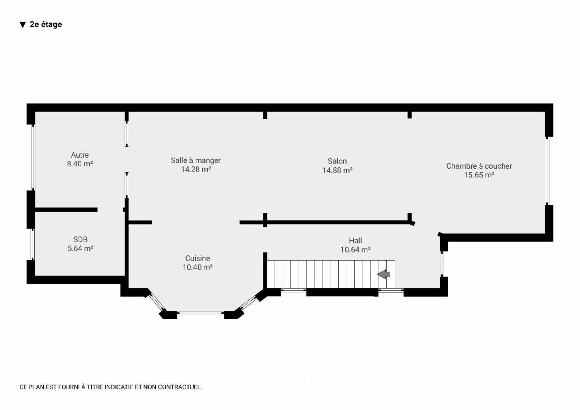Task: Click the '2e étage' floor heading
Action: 46,24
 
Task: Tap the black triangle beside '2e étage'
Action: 23,25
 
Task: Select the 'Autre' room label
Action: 80,155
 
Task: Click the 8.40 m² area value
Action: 80,164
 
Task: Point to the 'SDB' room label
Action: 80,239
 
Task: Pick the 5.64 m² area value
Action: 80,248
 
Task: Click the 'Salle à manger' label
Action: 195,161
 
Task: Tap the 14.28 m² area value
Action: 195,169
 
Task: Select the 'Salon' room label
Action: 337,161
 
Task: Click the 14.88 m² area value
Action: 337,170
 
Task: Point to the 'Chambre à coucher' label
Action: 479,166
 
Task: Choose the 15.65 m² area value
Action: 479,175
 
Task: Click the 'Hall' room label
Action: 355,241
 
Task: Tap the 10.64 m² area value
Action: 355,249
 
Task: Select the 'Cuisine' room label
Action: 198,258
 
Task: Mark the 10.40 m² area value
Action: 198,267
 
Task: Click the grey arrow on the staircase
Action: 383,274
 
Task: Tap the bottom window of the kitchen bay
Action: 201,313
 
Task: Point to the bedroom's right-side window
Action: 547,171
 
